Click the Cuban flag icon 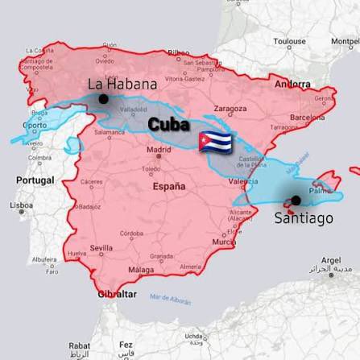(215, 141)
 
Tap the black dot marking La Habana (103, 99)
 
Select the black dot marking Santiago (296, 201)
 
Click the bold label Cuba (169, 126)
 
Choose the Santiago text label (303, 217)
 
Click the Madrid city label (159, 149)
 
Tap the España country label (168, 186)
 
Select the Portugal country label (35, 180)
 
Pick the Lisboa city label (21, 205)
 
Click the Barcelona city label (306, 117)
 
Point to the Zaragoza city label (230, 108)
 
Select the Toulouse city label (289, 40)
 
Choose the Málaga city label (141, 270)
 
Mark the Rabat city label (79, 345)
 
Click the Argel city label (330, 261)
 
